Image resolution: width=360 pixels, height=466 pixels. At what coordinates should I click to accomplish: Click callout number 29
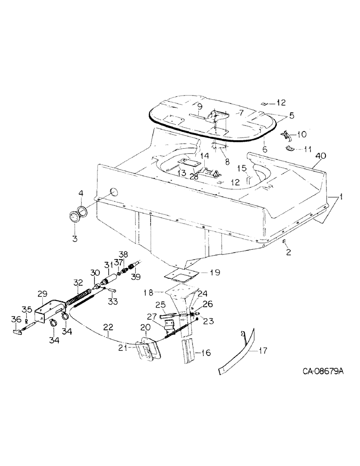point(42,294)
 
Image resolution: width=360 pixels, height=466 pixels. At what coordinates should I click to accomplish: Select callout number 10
point(300,135)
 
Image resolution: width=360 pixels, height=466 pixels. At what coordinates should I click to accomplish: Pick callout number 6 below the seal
point(264,150)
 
